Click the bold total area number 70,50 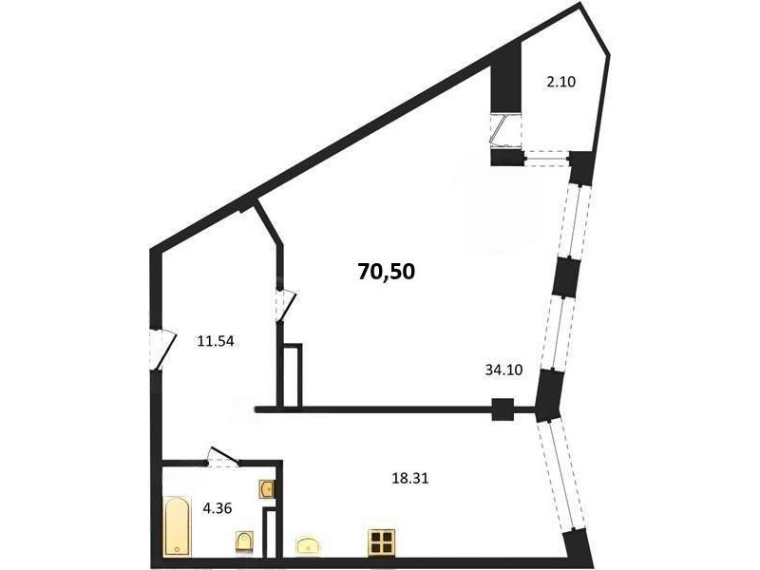coord(387,272)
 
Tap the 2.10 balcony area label coord(560,82)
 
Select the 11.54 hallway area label coord(216,341)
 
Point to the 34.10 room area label coord(503,370)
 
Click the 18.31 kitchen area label coord(410,479)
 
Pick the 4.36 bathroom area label coord(218,508)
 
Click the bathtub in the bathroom coord(177,526)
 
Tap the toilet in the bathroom coord(244,541)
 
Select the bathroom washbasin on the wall coord(267,489)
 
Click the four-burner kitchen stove coord(381,541)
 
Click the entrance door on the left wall coord(161,350)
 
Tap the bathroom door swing coord(223,456)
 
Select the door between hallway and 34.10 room coord(286,305)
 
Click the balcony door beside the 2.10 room coord(505,130)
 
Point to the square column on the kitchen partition coord(503,409)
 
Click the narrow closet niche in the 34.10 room coord(292,374)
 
